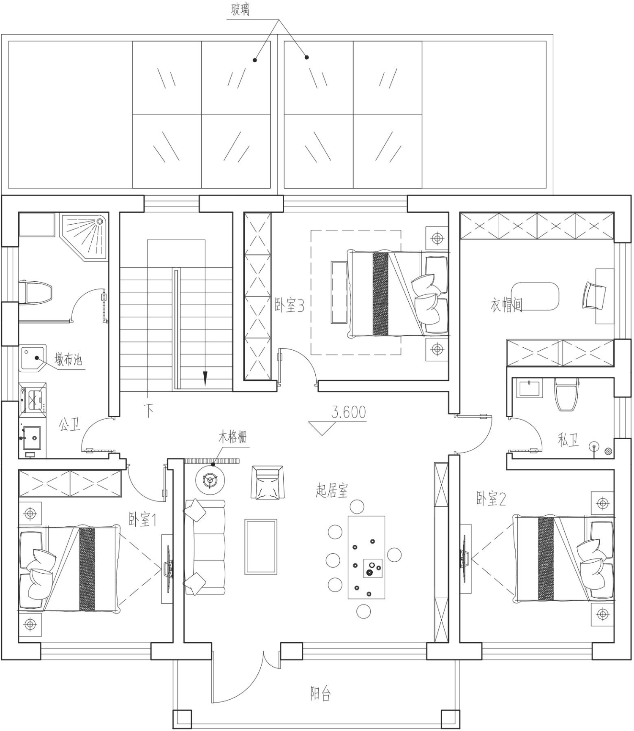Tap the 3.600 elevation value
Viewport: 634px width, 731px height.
tap(349, 412)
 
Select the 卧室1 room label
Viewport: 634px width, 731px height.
tap(142, 519)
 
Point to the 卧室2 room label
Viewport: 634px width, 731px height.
tap(491, 499)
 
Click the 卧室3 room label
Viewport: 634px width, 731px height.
tap(290, 305)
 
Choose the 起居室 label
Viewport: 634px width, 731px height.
tap(332, 491)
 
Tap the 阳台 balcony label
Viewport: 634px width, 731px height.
tap(320, 694)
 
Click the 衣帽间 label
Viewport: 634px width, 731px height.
tap(506, 305)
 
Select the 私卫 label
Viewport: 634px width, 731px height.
tap(568, 440)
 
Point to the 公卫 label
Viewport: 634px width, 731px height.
tap(69, 424)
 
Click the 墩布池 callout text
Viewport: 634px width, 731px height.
tap(68, 360)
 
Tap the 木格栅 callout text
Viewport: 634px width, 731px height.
tap(232, 437)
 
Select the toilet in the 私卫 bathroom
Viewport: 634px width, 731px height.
tap(566, 394)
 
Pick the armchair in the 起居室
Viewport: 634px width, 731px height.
tap(268, 482)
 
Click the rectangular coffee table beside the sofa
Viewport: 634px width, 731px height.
tap(261, 547)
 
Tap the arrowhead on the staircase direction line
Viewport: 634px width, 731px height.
tap(205, 378)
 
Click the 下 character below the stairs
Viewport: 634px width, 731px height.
tap(148, 411)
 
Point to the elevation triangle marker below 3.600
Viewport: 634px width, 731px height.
tap(322, 428)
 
